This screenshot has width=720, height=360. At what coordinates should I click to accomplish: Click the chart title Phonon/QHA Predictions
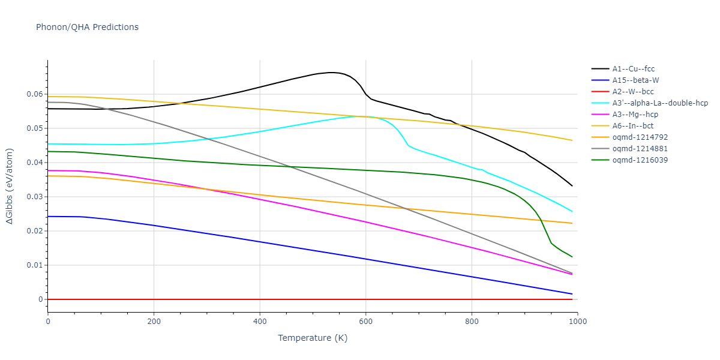tap(87, 27)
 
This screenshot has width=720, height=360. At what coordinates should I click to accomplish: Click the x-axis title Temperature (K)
tap(313, 338)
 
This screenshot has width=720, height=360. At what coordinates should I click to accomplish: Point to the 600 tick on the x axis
tap(365, 322)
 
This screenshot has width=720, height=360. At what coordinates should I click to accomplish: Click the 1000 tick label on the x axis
tap(577, 322)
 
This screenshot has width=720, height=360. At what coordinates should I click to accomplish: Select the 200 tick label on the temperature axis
tap(154, 322)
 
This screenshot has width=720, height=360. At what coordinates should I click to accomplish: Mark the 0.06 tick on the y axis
tap(35, 94)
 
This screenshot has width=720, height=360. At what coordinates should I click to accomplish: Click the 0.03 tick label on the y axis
tap(35, 197)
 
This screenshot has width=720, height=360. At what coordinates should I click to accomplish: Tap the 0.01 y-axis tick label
tap(35, 265)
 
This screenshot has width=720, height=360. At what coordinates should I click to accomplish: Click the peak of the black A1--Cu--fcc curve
tap(331, 72)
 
